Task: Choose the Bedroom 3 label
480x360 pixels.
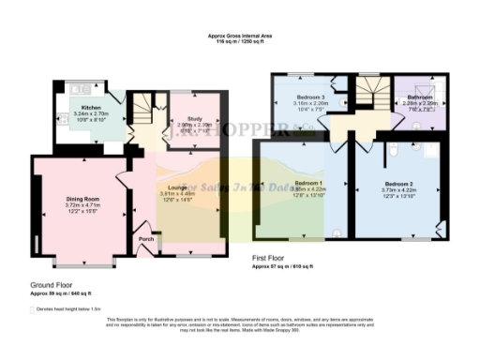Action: (310, 97)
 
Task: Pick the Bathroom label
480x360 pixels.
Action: (419, 97)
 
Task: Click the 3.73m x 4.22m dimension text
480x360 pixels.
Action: (398, 190)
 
